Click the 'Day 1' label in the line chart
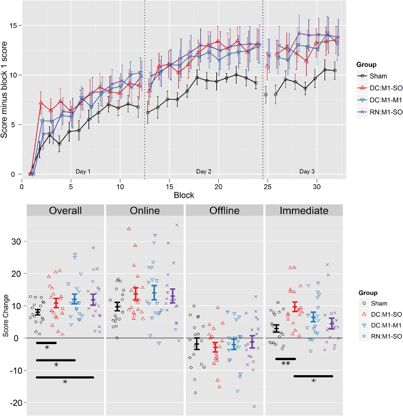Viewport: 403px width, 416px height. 83,171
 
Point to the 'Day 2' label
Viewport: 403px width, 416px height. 204,171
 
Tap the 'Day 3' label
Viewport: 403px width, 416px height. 307,171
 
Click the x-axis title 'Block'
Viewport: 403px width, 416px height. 184,195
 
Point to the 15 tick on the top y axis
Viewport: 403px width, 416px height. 15,26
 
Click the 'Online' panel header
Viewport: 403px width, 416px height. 144,210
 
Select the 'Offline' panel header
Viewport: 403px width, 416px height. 224,210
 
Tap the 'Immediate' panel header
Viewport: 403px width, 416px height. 304,210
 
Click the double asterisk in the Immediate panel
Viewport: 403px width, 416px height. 285,364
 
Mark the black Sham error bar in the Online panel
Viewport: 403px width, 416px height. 117,307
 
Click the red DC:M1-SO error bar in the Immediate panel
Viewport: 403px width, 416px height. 295,307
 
